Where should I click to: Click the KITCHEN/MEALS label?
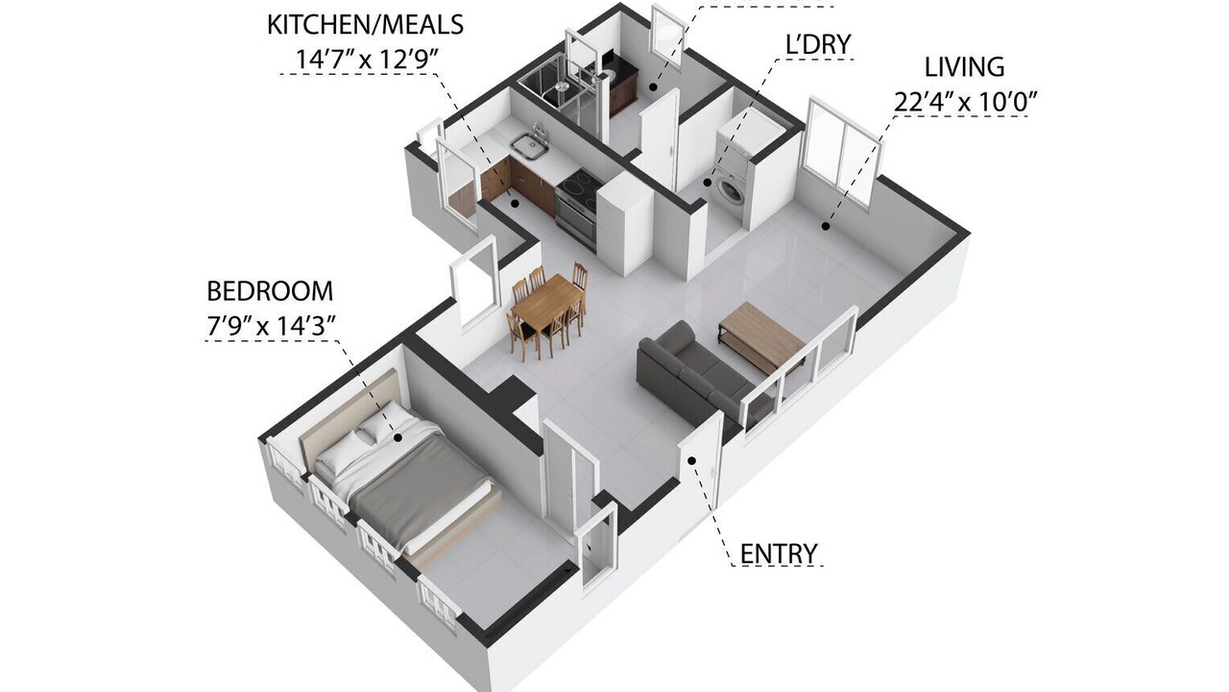[x=365, y=25]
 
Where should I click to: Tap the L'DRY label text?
[x=818, y=44]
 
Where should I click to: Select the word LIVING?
[x=965, y=67]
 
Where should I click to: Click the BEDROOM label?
[x=270, y=291]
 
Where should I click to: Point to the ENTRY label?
[x=779, y=554]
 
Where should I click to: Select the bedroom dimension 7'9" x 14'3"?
[x=271, y=326]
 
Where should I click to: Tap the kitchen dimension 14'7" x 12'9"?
[x=368, y=60]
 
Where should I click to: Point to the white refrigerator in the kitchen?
[x=624, y=225]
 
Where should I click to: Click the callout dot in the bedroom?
[x=398, y=437]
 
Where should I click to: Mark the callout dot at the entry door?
[x=692, y=460]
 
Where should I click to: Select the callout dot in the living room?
[x=825, y=226]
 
